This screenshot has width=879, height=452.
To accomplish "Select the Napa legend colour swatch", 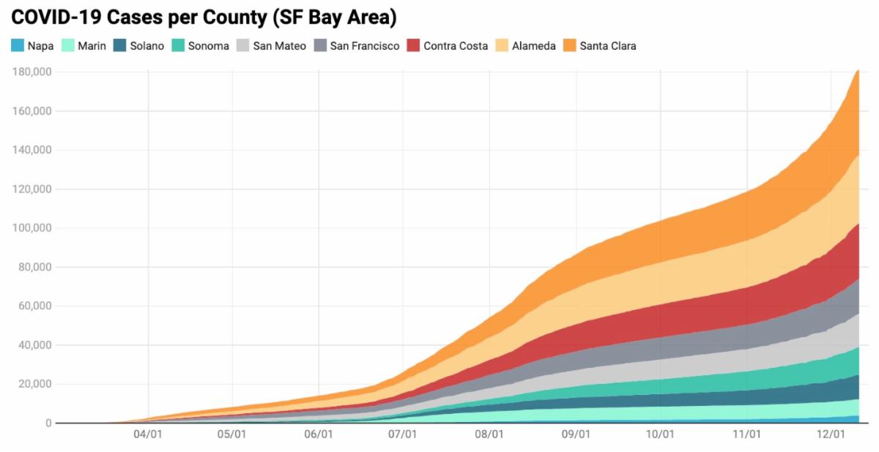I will (18, 46).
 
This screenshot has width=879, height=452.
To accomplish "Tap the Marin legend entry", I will (84, 46).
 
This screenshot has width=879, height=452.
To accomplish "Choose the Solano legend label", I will (147, 46).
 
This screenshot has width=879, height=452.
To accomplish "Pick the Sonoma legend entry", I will (209, 46).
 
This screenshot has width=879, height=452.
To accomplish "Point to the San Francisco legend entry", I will (365, 46).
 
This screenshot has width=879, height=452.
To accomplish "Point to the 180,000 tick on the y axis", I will (31, 72).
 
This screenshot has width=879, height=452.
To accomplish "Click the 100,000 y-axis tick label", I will (31, 228).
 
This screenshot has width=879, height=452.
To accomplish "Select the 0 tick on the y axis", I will (48, 423).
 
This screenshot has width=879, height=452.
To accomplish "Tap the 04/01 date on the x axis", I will (148, 434).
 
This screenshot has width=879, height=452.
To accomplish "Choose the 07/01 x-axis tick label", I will (403, 434).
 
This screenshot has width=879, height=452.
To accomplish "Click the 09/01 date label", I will (576, 434).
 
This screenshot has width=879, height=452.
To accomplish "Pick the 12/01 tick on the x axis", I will (831, 434).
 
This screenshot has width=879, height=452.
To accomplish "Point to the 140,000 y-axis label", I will (31, 150).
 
